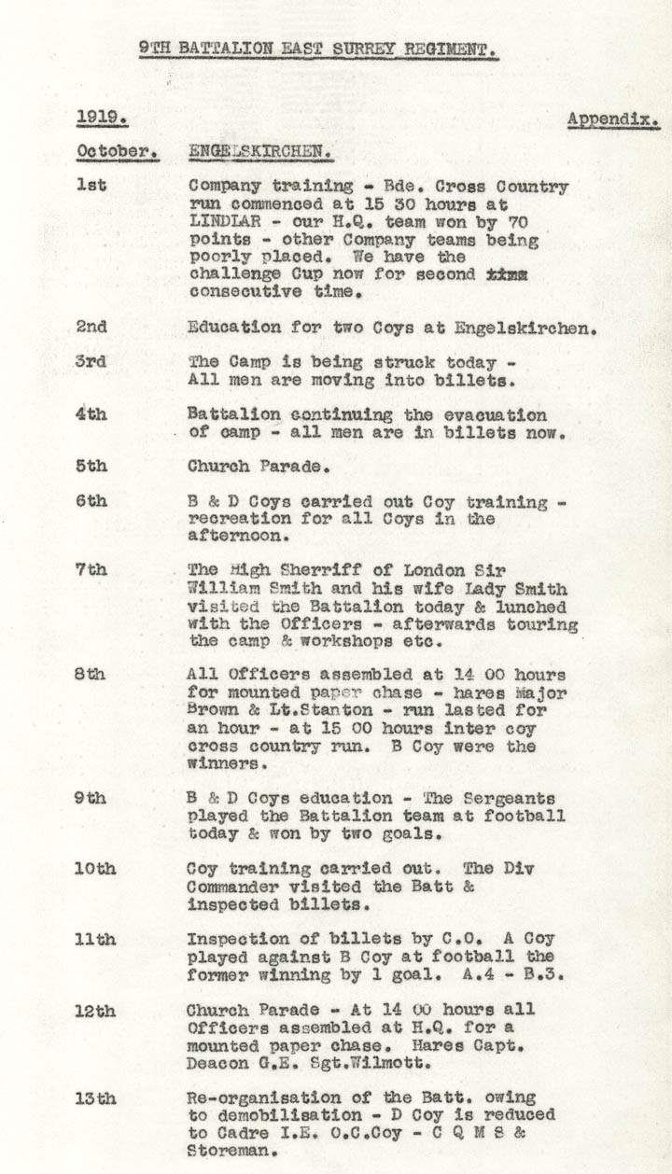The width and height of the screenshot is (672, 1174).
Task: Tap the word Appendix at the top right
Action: [x=613, y=120]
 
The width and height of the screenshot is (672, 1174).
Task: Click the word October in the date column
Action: [x=116, y=151]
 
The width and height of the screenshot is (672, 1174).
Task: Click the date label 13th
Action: [x=95, y=1097]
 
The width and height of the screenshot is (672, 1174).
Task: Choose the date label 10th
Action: [x=95, y=868]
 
